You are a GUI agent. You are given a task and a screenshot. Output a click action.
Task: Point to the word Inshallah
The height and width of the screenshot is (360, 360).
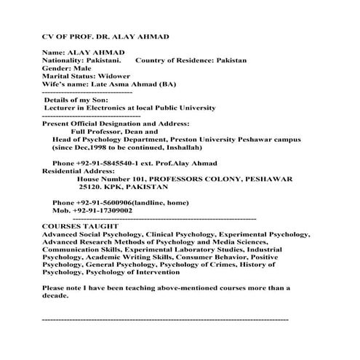(x=178, y=147)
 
